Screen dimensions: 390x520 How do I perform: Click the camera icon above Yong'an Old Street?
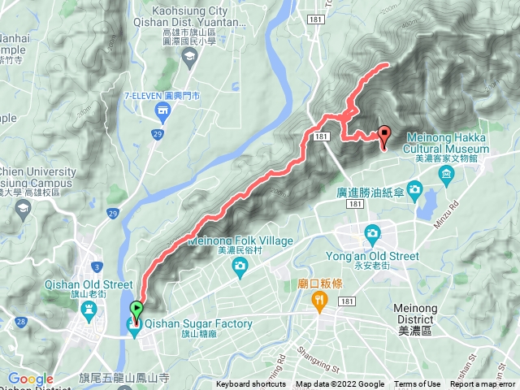click(372, 232)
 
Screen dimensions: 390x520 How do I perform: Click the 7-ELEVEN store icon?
click(162, 110)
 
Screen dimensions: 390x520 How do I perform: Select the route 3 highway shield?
click(97, 266)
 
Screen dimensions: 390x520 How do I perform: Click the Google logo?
click(31, 379)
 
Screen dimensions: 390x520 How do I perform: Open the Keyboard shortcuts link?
click(251, 384)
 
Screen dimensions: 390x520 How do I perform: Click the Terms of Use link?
click(418, 384)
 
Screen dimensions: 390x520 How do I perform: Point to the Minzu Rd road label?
click(450, 209)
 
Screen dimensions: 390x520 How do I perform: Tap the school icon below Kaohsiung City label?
click(189, 56)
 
